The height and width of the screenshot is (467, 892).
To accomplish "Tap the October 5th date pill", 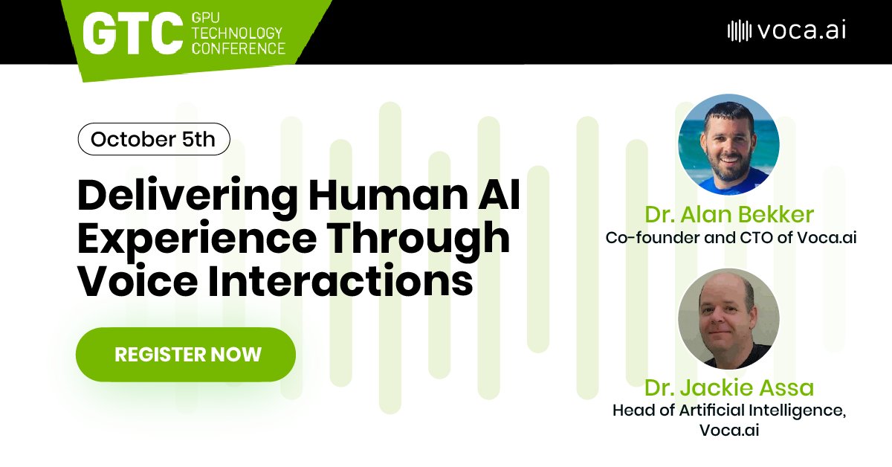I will pyautogui.click(x=153, y=139).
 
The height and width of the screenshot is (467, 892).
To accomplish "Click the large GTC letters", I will pyautogui.click(x=132, y=31).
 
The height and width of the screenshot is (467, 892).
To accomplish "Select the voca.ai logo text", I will pyautogui.click(x=801, y=30).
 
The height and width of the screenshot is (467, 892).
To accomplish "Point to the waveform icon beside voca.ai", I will pyautogui.click(x=738, y=30).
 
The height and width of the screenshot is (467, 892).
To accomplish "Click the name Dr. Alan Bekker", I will pyautogui.click(x=729, y=216).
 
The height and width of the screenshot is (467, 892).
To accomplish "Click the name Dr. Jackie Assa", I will pyautogui.click(x=729, y=387).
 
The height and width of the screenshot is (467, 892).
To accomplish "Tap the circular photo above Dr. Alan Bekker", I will pyautogui.click(x=729, y=144).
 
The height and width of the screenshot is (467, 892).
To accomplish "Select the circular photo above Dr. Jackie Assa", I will pyautogui.click(x=729, y=318).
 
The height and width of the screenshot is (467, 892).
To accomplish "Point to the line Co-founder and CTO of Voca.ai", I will pyautogui.click(x=729, y=239).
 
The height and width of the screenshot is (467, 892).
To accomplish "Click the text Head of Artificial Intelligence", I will pyautogui.click(x=729, y=410).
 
